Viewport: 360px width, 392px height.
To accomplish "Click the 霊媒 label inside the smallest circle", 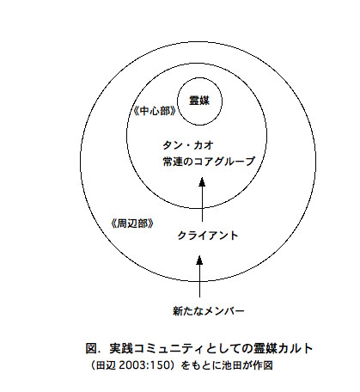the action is (199, 101).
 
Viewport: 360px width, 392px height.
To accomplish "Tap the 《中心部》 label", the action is (155, 111).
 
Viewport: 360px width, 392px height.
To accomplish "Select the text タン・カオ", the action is (188, 145).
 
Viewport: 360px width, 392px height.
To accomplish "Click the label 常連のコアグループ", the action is (209, 162).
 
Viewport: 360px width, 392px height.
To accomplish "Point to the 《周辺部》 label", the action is (132, 224).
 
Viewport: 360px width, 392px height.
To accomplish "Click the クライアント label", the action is (208, 236).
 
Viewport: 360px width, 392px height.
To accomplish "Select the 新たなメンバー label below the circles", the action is (209, 311).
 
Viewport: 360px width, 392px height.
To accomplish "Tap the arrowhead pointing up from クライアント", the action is (202, 182).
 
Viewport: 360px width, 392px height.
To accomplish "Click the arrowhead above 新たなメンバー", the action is (199, 260).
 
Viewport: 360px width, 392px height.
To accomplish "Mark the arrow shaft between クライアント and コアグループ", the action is (202, 204).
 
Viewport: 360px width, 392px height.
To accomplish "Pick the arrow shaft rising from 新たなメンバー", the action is (199, 280).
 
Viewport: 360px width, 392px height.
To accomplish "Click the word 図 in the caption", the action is (91, 348).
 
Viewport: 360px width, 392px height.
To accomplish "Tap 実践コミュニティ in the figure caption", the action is (156, 348).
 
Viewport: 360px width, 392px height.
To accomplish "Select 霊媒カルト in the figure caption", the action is (283, 348).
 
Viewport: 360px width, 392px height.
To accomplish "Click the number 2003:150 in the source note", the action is (144, 365).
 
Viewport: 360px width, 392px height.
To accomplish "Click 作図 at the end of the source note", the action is (263, 365).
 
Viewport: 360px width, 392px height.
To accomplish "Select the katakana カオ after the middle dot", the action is (204, 145).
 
